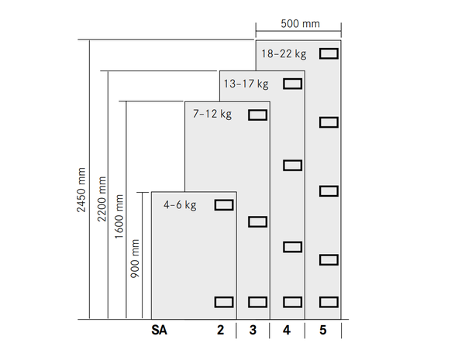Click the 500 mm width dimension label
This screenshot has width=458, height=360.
point(300,24)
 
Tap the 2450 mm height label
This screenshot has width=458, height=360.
point(81,190)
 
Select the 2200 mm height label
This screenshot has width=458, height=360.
point(102,199)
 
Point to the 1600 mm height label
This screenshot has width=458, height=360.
point(119,217)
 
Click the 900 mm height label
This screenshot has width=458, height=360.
point(135,259)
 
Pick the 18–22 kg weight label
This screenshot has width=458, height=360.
point(284,54)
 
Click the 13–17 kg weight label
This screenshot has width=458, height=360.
point(246,84)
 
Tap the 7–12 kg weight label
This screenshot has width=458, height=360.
point(212,114)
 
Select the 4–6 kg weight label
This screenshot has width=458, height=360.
point(180,205)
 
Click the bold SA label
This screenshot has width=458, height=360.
point(159,330)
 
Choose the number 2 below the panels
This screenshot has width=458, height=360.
point(221,330)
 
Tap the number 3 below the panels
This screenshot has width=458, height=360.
point(253,330)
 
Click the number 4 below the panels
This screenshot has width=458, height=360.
point(287,330)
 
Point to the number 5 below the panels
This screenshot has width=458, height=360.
point(322,330)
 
